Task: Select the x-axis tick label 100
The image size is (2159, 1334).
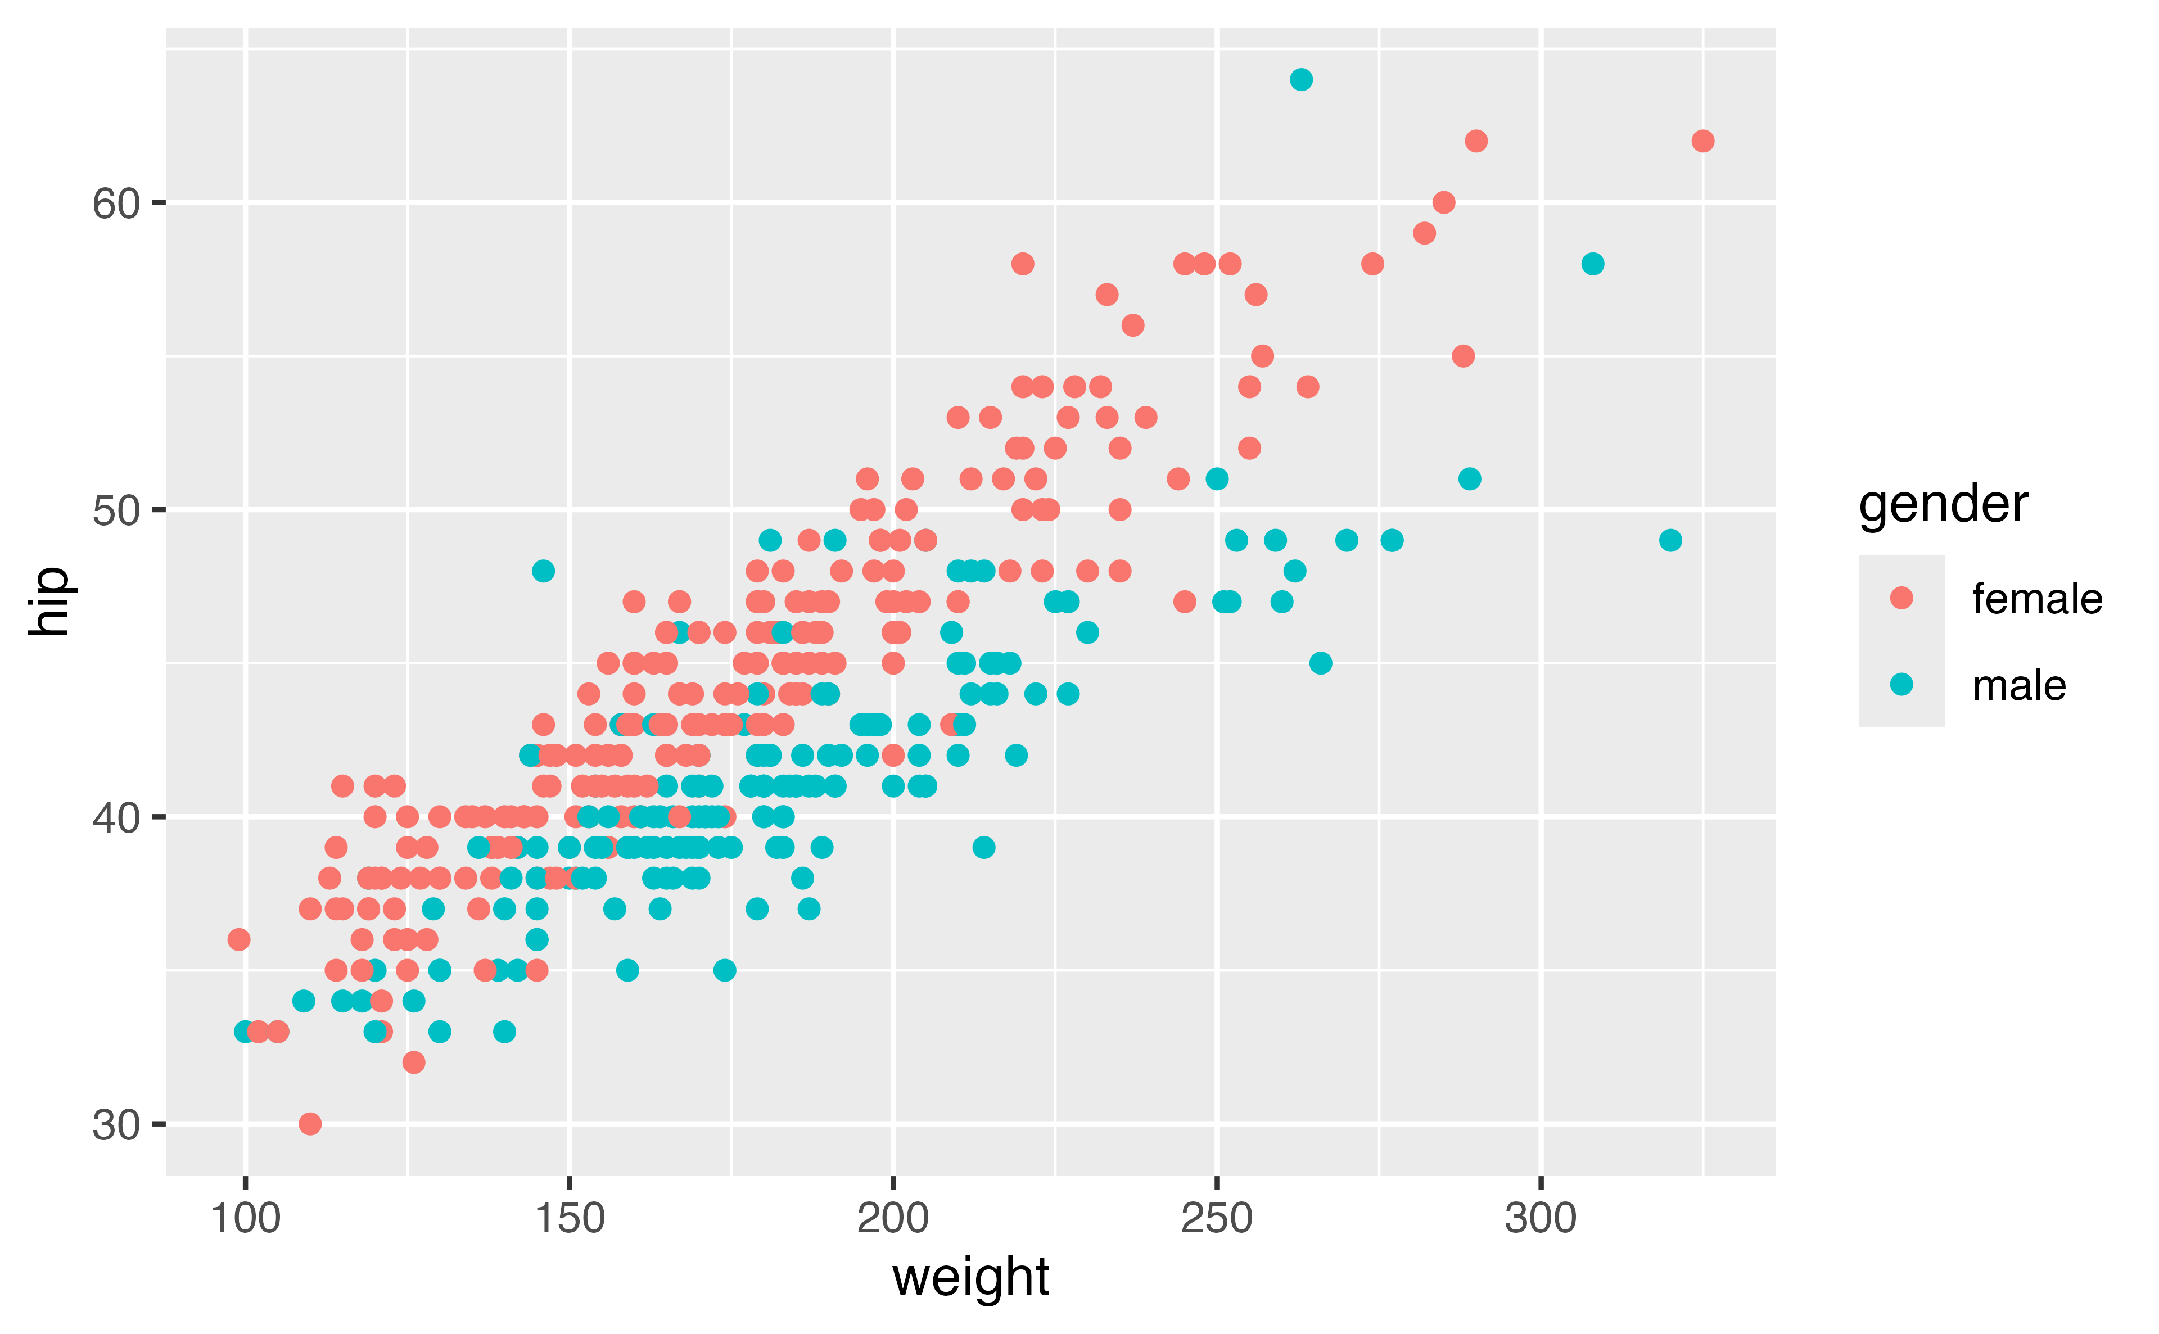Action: coord(245,1218)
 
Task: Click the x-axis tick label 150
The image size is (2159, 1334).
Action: coord(569,1218)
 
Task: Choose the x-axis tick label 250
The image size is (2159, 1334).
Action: coord(1217,1218)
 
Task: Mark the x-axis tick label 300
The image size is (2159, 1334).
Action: coord(1541,1218)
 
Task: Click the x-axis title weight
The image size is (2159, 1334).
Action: coord(970,1278)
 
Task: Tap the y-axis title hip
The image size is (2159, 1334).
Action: coord(48,601)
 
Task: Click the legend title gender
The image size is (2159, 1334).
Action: coord(1943,505)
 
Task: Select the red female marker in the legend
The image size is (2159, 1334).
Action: coord(1901,598)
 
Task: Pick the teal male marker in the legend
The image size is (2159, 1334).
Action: coord(1901,684)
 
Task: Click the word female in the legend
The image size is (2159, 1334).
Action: coord(2037,599)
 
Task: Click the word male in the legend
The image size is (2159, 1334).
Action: coord(2018,685)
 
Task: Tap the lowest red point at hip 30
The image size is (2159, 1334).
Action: coord(310,1123)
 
